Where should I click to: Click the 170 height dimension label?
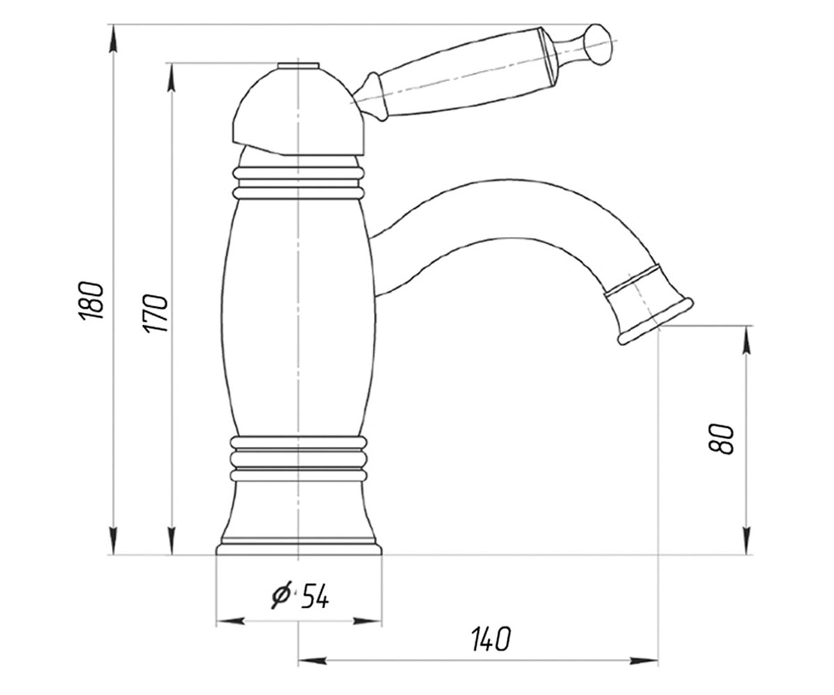click(155, 313)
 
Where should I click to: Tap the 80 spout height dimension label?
click(721, 439)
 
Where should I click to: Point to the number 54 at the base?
click(315, 596)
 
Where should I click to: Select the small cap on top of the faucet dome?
click(298, 66)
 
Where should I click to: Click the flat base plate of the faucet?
click(299, 549)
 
